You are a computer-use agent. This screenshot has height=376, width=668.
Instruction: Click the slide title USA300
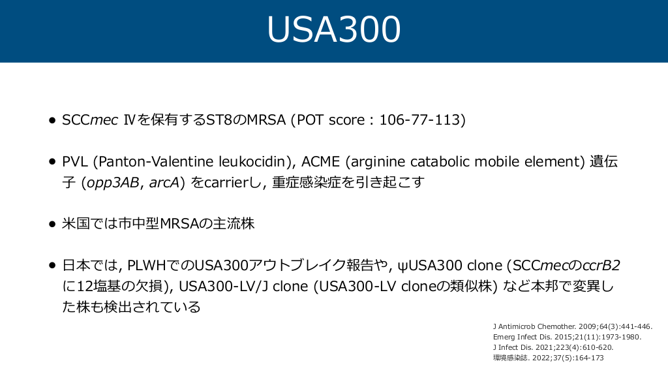(x=333, y=29)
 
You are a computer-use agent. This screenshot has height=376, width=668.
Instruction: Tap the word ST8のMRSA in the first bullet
(x=246, y=120)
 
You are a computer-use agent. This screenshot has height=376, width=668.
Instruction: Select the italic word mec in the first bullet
(x=104, y=120)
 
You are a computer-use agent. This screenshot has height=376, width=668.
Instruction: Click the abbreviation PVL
(x=75, y=162)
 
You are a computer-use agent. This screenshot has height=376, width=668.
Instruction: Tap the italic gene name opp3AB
(x=113, y=183)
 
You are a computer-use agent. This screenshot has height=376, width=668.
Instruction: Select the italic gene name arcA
(x=164, y=183)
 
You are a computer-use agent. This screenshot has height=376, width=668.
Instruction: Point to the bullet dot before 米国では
(x=52, y=225)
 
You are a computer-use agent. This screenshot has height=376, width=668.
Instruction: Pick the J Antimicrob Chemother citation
(x=573, y=326)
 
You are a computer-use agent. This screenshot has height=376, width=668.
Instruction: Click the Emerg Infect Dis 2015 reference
(x=567, y=337)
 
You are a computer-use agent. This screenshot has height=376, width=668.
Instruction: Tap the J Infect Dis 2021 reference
(x=553, y=347)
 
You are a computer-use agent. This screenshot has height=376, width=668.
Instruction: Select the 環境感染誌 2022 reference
(x=548, y=358)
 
